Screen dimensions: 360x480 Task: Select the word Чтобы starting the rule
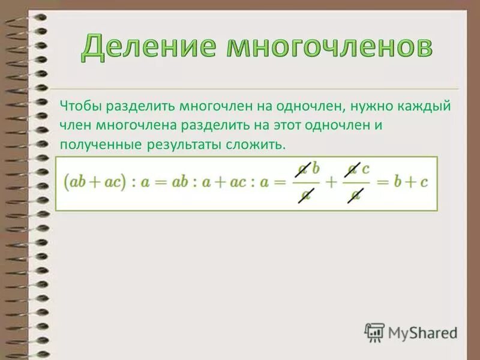pos(81,106)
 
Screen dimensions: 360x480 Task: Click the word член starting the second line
pos(73,125)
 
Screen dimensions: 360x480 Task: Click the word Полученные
pos(100,145)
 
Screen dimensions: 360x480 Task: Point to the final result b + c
pos(411,182)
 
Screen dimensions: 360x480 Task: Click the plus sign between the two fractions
pos(330,182)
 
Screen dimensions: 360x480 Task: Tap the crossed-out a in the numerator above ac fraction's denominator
pos(354,169)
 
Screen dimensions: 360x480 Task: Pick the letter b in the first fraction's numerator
pos(316,169)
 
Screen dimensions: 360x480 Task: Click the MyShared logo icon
pos(374,332)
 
